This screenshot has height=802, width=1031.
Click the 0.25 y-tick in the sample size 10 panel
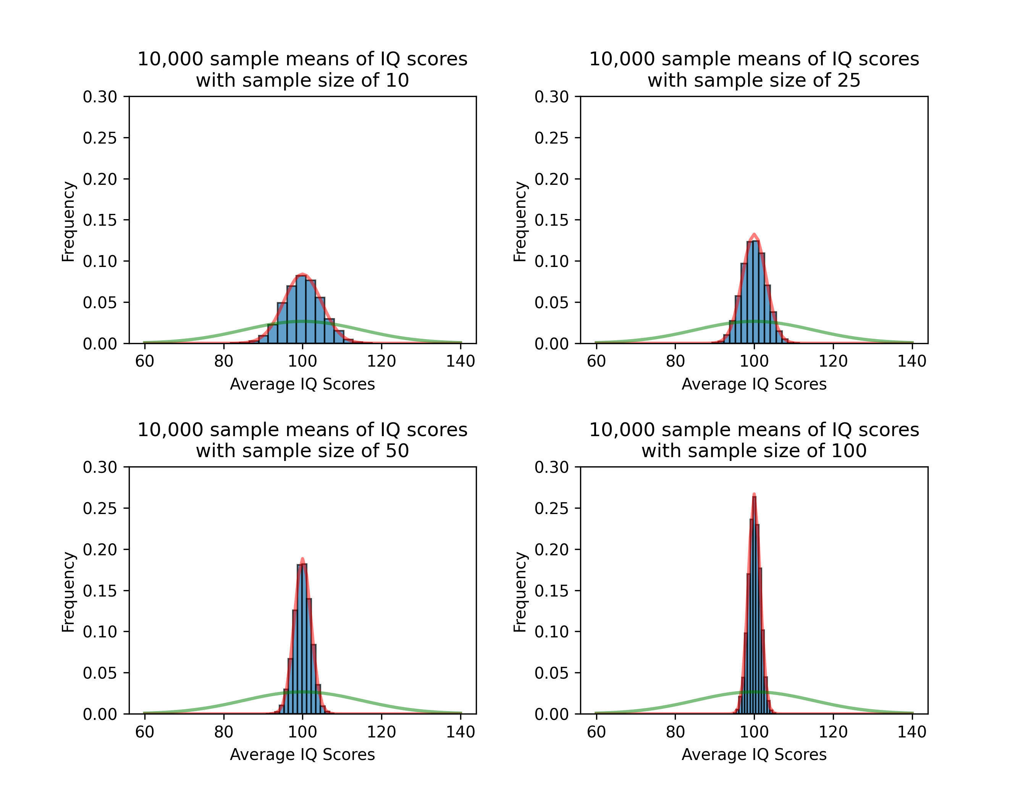[100, 138]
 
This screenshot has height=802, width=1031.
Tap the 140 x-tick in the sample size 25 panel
[911, 361]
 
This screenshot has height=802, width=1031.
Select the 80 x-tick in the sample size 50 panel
[223, 732]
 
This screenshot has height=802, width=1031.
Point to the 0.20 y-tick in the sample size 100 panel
[551, 550]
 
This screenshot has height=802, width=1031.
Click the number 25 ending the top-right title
[849, 80]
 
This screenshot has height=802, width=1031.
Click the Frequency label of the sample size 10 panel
[68, 222]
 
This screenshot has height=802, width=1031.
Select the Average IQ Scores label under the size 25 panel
[754, 384]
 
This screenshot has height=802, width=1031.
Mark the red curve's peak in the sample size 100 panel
[754, 494]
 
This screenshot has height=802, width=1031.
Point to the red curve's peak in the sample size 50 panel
[302, 558]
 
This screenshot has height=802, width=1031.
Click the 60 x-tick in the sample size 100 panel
[596, 732]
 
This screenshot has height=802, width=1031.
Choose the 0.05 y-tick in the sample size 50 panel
[100, 673]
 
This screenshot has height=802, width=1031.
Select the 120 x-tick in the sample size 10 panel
[381, 361]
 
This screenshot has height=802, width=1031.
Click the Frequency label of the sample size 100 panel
[520, 592]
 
